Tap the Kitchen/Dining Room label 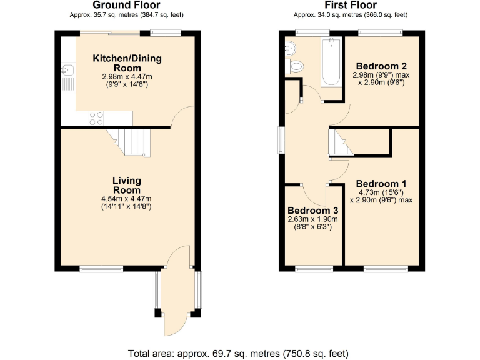(x=127, y=63)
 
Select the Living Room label (x=126, y=186)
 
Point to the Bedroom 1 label (x=381, y=184)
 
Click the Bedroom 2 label (x=381, y=66)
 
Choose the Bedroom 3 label (x=312, y=211)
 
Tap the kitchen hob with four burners (x=97, y=118)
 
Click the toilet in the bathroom (x=296, y=65)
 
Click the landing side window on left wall (x=281, y=139)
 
